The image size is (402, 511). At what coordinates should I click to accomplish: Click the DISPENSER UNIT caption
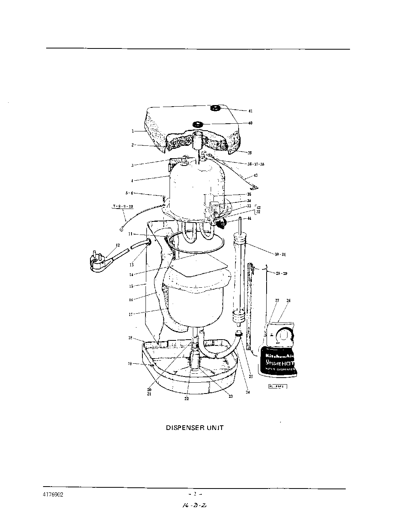(195, 428)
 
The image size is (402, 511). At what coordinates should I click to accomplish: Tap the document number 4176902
(53, 495)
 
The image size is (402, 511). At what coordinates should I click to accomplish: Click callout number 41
(250, 110)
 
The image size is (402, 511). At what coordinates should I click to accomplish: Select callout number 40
(250, 123)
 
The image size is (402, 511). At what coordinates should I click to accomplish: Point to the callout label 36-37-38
(256, 164)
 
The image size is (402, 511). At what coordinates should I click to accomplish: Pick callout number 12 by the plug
(118, 245)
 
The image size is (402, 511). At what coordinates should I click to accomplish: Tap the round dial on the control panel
(286, 335)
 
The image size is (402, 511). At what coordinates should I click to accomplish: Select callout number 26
(288, 300)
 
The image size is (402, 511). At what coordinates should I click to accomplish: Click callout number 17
(131, 314)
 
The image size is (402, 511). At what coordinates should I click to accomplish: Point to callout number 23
(230, 396)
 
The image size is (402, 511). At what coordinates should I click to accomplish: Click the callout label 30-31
(279, 254)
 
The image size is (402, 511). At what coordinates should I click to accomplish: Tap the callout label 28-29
(281, 274)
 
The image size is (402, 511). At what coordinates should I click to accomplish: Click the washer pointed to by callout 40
(198, 124)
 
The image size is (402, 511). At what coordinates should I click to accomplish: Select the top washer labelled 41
(215, 108)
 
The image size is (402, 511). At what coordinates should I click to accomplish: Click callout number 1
(133, 131)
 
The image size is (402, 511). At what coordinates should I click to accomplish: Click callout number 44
(249, 219)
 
